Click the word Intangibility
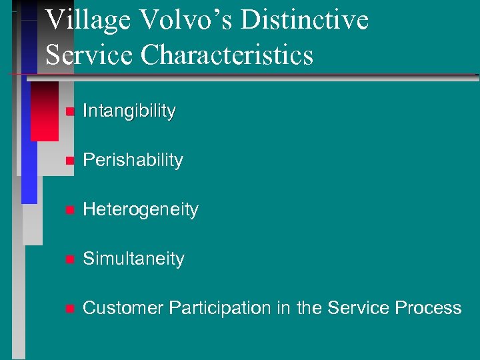[129, 111]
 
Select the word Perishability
[132, 160]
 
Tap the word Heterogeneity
[140, 209]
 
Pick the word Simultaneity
[133, 259]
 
